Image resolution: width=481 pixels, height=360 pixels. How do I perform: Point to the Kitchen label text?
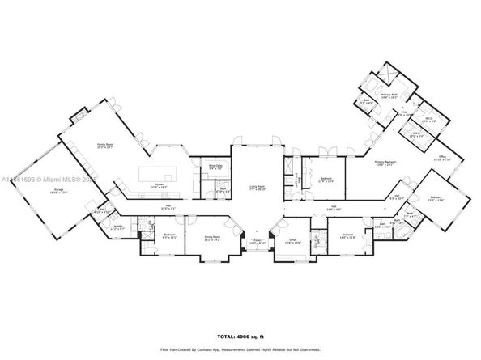pyautogui.click(x=159, y=185)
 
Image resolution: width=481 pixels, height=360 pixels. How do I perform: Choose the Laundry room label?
pyautogui.click(x=116, y=227)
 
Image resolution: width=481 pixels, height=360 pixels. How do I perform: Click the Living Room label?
pyautogui.click(x=258, y=187)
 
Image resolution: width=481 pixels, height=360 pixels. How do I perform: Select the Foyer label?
pyautogui.click(x=258, y=240)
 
